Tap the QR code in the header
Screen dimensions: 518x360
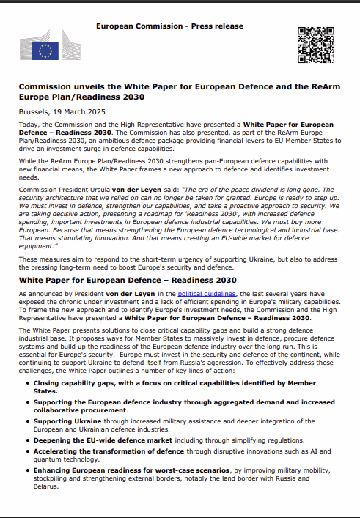pos(315,43)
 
